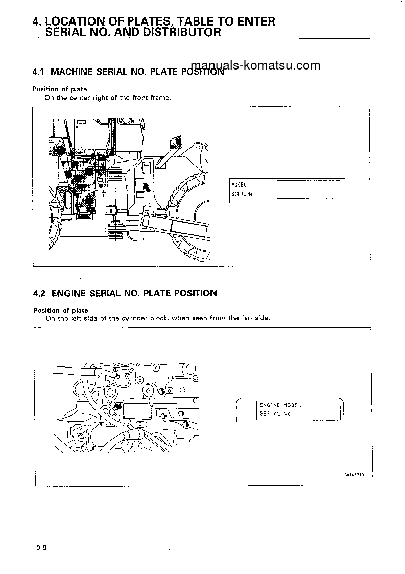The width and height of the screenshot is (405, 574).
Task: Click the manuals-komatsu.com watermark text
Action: point(255,65)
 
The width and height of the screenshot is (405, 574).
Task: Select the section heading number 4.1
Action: point(39,72)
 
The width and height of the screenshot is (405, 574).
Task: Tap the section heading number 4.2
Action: point(39,293)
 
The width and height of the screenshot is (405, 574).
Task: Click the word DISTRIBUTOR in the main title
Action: point(178,32)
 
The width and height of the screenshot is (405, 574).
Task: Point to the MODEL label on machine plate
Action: point(239,185)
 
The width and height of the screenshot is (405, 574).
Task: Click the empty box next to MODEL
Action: point(308,184)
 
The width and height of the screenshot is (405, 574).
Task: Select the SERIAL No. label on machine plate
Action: point(242,194)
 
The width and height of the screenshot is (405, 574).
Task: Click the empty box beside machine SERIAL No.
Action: point(308,193)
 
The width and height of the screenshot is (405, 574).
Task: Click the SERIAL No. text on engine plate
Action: point(276,414)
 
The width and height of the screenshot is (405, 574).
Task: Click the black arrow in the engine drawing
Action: point(117,406)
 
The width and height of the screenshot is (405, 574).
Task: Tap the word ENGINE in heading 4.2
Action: point(69,293)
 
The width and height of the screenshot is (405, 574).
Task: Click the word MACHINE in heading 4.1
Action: point(72,72)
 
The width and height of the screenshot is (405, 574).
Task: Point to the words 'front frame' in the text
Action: point(152,98)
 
